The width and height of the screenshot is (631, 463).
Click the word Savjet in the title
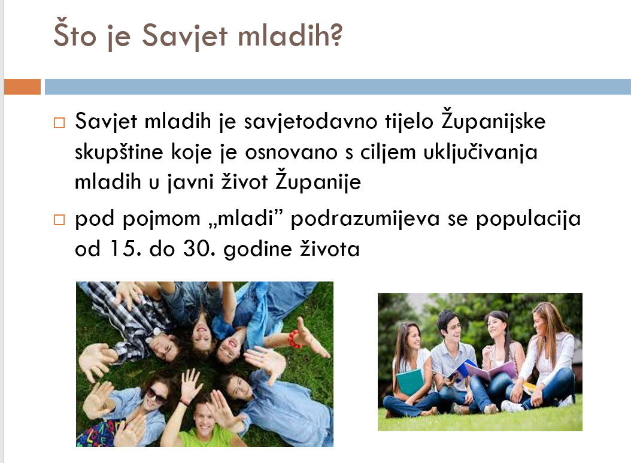[185, 35]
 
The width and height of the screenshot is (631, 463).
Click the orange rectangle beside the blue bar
[23, 87]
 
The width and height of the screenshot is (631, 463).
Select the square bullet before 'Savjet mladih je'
[59, 122]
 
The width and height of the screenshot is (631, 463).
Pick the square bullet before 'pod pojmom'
[59, 219]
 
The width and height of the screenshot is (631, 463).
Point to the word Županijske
[493, 120]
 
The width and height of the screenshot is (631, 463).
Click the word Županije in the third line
[318, 180]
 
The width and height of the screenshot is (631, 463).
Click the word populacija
[529, 219]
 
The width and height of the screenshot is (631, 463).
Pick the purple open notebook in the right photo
[491, 370]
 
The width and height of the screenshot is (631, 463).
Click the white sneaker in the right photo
[512, 406]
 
